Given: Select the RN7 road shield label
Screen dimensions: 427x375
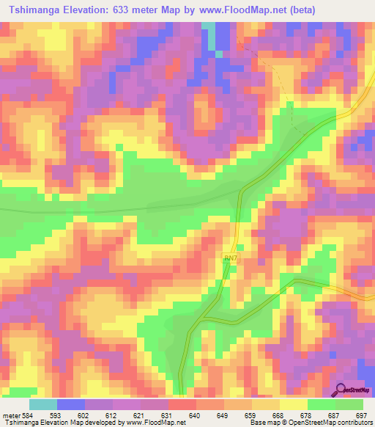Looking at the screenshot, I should coord(230,259).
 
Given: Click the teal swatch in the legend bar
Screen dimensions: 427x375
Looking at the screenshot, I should coord(43,405).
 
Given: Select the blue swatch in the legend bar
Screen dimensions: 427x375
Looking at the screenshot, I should coord(71,405).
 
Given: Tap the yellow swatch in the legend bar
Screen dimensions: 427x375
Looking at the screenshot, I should coord(293,405).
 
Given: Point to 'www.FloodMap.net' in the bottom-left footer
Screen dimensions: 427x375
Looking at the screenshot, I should coord(155,422).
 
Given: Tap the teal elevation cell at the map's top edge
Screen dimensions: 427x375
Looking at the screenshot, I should coord(209,27).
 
